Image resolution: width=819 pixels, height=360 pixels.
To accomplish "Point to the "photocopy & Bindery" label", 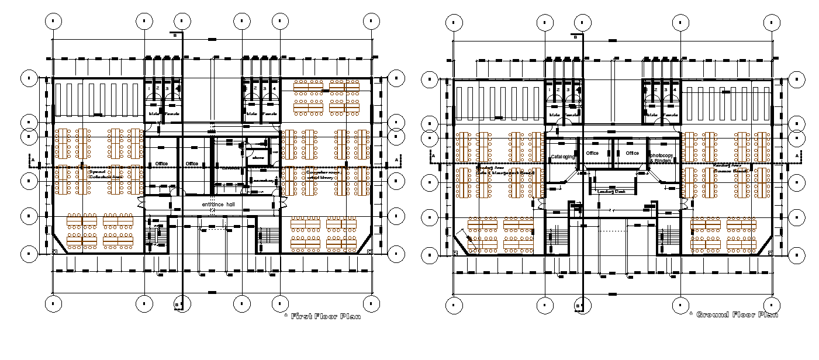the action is tap(662, 158).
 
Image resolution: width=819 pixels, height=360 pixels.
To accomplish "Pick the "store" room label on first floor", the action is tap(257, 158).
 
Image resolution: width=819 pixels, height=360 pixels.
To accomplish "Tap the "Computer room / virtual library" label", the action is tap(323, 174).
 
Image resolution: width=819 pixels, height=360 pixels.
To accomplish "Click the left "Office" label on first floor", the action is tap(161, 164).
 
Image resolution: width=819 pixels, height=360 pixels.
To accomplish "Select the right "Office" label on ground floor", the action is tap(632, 153).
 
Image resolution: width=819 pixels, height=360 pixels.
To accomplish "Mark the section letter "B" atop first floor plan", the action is tap(174, 35).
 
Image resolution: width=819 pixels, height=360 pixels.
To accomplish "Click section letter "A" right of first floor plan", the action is tap(397, 159).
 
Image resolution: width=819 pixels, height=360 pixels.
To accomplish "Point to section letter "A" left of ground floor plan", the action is tap(433, 155).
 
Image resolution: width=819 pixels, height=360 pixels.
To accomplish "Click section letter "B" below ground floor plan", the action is tap(578, 306).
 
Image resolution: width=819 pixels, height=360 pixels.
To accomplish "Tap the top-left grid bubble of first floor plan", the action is tap(53, 21).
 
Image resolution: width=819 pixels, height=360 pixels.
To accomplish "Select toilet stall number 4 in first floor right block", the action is tap(274, 88).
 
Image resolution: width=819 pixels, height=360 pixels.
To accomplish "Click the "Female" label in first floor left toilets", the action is tap(172, 113).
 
